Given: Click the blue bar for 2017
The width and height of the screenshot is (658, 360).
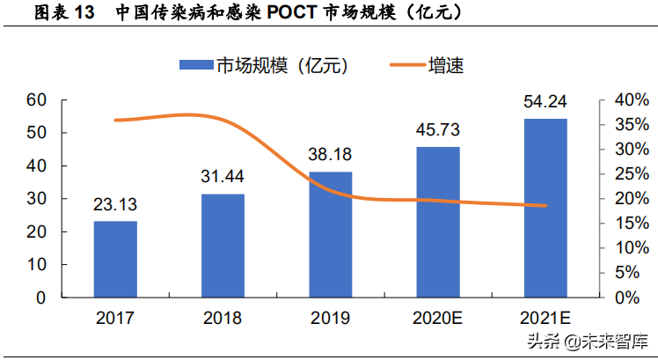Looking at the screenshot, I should (x=115, y=259).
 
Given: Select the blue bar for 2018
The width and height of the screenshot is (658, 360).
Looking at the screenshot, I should (x=223, y=246).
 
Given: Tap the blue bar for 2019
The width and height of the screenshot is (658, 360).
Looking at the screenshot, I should (x=330, y=234).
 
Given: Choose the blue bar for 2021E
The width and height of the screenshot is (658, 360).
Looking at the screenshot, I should (x=545, y=208).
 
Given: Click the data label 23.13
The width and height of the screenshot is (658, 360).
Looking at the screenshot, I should (x=115, y=207).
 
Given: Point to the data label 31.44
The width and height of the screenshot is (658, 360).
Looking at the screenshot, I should (x=223, y=180).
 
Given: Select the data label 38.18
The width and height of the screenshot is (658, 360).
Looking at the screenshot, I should (x=330, y=158).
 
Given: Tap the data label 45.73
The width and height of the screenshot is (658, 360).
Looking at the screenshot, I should (x=438, y=132).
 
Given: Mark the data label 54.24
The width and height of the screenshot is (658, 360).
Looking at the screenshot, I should (x=545, y=103).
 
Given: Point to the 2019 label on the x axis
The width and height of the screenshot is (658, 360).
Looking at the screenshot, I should (x=330, y=317).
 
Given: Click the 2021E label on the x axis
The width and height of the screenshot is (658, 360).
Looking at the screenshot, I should (x=545, y=317).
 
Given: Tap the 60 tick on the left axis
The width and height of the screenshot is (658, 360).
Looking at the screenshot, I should (x=35, y=100).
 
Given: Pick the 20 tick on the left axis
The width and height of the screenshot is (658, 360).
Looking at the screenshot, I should (x=35, y=231).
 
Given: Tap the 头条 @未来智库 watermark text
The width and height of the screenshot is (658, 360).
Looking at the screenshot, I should (x=584, y=341).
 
